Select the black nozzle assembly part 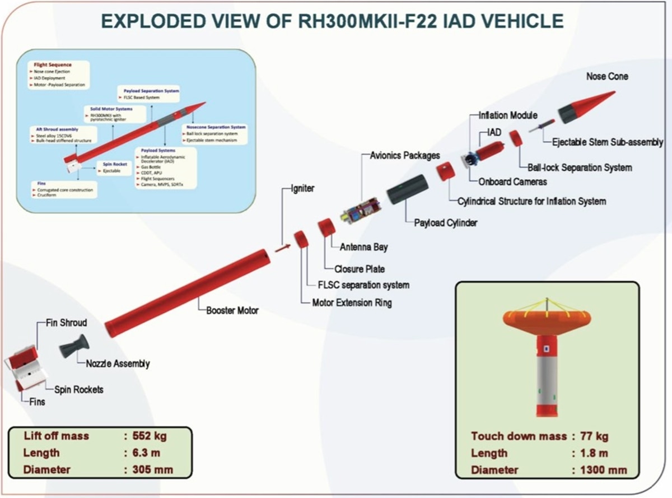point(73,347)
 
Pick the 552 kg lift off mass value point(148,436)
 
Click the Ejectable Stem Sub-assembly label point(608,142)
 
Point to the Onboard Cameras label point(512,181)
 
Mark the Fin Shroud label point(66,323)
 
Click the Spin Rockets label point(79,389)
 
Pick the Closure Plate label point(360,269)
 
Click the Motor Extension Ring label point(352,302)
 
